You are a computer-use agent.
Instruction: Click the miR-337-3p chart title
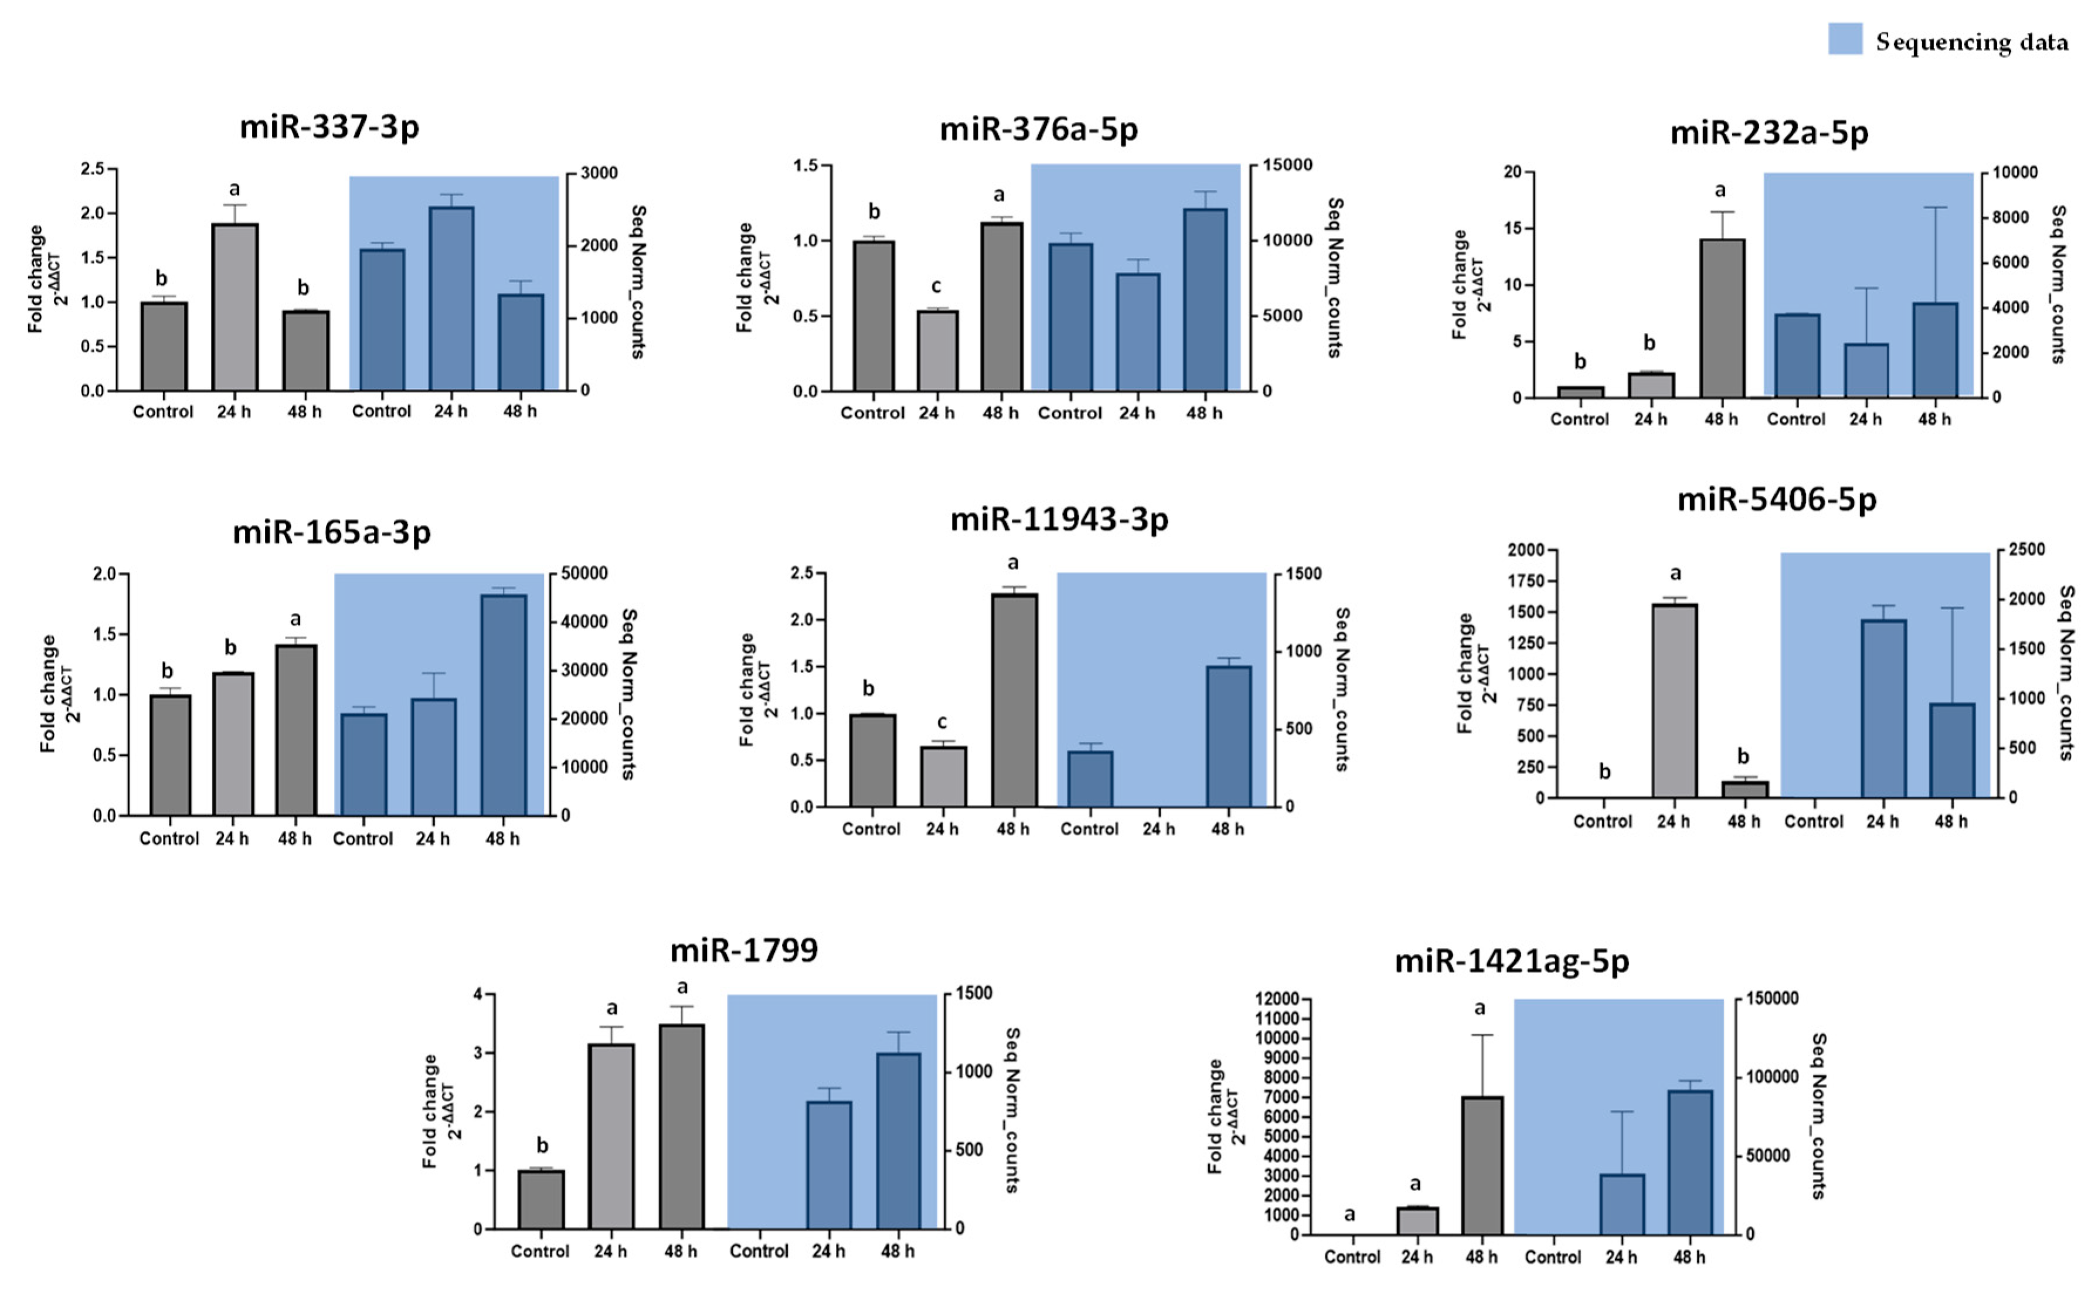[329, 127]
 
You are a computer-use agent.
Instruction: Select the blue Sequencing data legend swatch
[1845, 39]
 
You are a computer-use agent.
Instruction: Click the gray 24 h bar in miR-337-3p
[234, 307]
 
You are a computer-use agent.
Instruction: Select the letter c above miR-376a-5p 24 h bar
[936, 287]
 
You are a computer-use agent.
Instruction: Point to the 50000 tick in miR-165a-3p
[584, 573]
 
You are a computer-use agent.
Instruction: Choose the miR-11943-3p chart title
[1059, 519]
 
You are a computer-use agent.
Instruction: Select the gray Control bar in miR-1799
[540, 1199]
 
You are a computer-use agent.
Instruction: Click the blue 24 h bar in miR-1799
[828, 1165]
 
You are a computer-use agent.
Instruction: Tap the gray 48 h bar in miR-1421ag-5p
[1482, 1165]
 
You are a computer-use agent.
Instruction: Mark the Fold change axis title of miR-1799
[431, 1111]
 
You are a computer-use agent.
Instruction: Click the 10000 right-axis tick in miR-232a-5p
[2014, 173]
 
